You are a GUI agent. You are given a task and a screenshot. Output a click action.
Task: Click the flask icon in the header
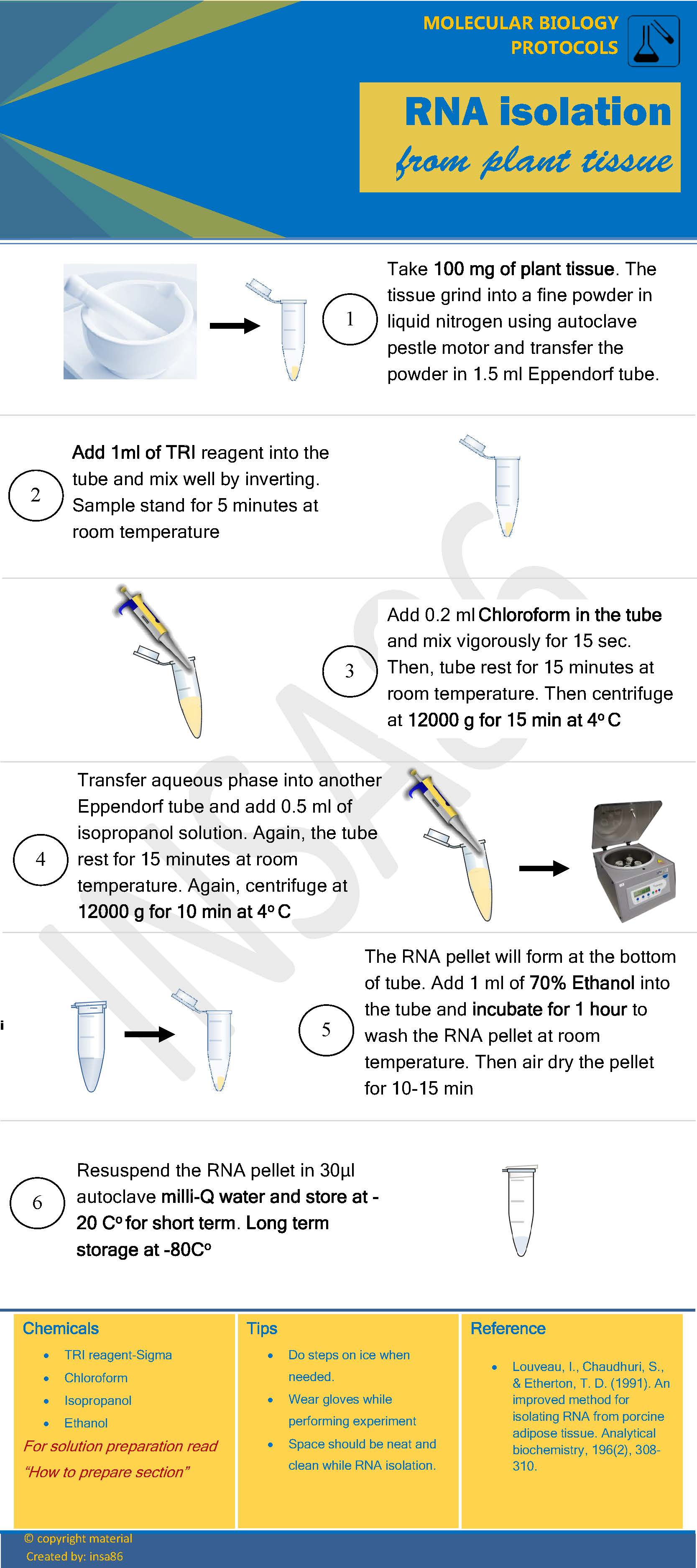point(653,41)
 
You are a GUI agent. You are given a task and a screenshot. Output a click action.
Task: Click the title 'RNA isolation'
point(538,112)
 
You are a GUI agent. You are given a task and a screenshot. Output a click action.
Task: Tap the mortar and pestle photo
point(130,321)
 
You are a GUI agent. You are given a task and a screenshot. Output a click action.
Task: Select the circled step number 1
point(350,319)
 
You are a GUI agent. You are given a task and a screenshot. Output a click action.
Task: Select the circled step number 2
point(35,495)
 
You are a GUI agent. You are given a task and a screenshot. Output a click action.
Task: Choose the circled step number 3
point(350,671)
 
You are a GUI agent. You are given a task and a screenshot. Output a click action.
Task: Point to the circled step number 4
point(40,859)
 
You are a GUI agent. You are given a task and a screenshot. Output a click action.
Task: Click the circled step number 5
point(326,1029)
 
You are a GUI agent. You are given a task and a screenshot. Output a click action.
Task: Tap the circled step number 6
point(37,1202)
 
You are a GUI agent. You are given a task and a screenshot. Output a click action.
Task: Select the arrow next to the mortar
point(235,326)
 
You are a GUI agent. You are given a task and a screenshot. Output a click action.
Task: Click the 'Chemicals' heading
point(60,1328)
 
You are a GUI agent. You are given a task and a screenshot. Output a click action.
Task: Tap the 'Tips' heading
point(262,1328)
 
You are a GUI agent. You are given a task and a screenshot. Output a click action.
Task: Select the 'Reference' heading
point(508,1328)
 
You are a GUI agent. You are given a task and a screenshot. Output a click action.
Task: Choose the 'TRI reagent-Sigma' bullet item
point(118,1355)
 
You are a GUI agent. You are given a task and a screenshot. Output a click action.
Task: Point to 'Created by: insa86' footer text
point(74,1556)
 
